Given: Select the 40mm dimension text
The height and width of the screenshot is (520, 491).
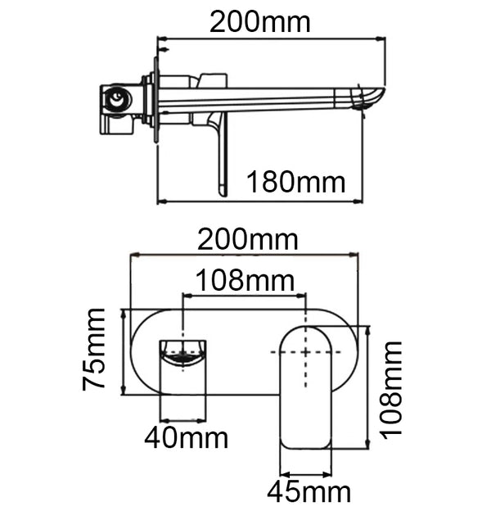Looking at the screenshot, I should (x=186, y=438).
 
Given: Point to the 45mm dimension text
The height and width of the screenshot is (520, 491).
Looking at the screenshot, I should (x=309, y=492).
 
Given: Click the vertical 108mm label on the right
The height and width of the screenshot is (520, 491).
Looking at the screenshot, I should (x=392, y=387).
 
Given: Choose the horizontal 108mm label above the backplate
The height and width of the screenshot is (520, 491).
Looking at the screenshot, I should (x=243, y=281).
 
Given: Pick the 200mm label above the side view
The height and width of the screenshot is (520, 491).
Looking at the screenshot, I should (x=260, y=21).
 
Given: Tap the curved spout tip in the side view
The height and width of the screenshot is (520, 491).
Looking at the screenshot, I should (x=372, y=97).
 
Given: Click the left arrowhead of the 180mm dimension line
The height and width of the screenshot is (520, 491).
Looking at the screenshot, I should (x=160, y=201).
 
